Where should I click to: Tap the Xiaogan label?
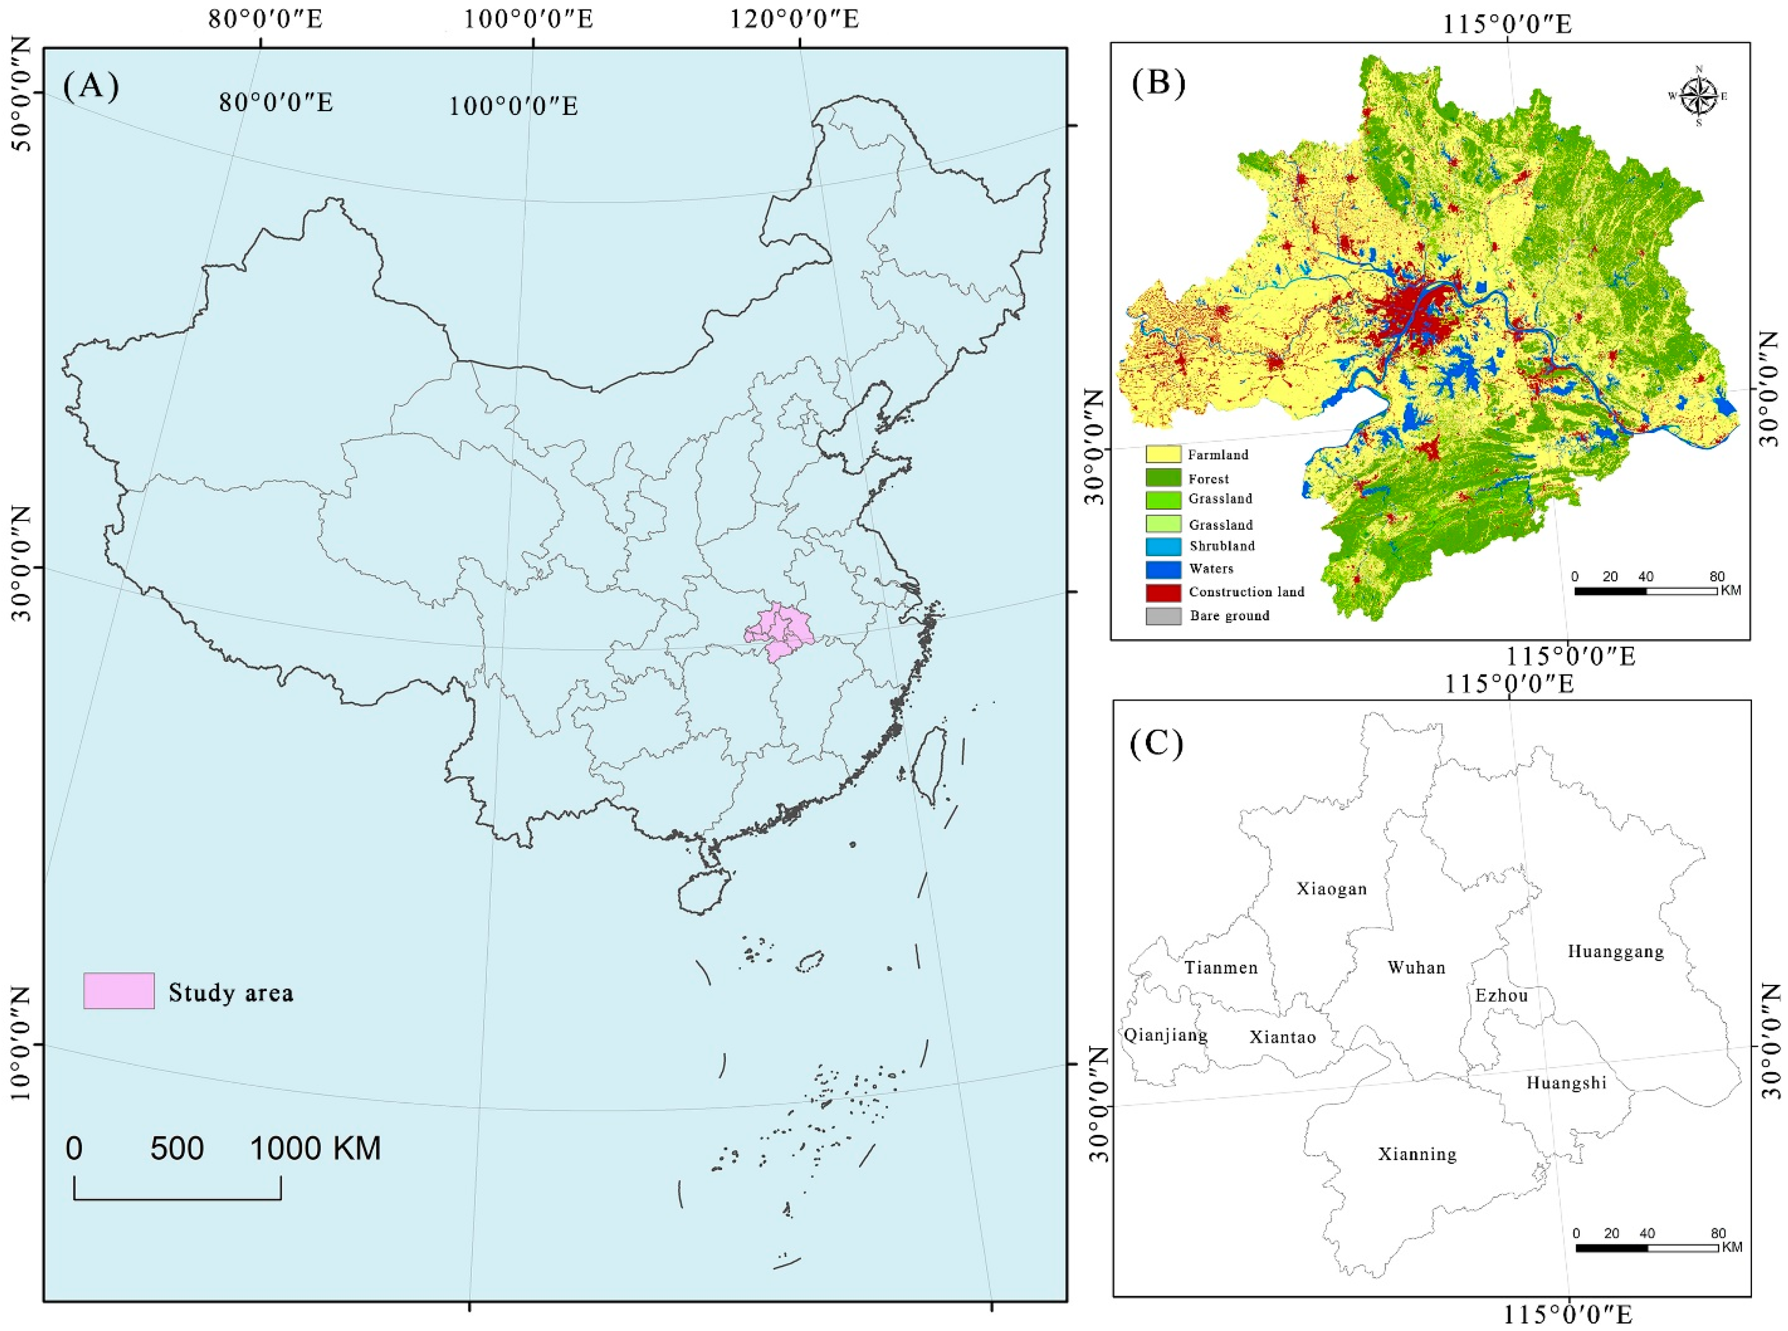click(x=1331, y=889)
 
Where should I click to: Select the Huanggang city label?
click(x=1615, y=952)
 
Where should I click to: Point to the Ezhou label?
click(x=1500, y=996)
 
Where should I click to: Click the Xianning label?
click(x=1416, y=1155)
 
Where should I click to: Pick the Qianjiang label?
click(x=1165, y=1035)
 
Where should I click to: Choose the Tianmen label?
click(x=1220, y=968)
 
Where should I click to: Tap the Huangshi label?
click(x=1565, y=1083)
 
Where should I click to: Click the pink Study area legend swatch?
click(x=119, y=991)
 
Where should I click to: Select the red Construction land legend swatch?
click(x=1163, y=592)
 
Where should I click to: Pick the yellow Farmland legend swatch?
click(x=1163, y=455)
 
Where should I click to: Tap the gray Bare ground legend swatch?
click(x=1163, y=617)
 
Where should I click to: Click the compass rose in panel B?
click(x=1698, y=96)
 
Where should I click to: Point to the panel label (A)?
click(x=90, y=85)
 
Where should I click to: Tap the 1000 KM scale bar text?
click(x=315, y=1149)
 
